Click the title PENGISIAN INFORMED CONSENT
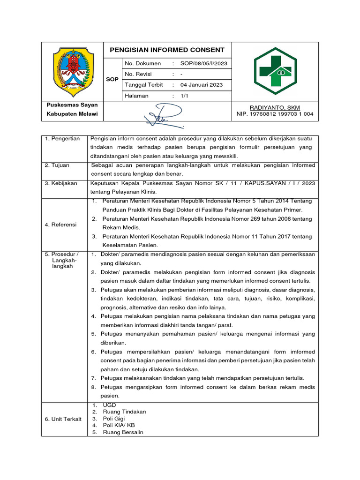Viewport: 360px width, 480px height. click(x=167, y=50)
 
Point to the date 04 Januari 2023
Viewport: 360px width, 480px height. click(x=202, y=85)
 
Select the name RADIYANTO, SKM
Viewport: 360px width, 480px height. click(x=275, y=108)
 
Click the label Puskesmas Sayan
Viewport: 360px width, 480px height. click(x=72, y=105)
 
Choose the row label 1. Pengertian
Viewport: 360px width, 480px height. click(x=62, y=139)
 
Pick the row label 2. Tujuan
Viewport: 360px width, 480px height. click(x=57, y=165)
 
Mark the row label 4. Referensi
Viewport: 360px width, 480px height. click(x=60, y=225)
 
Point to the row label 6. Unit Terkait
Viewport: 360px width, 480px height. click(x=63, y=419)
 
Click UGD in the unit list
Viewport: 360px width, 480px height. click(x=109, y=405)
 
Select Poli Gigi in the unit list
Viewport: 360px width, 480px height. click(x=114, y=419)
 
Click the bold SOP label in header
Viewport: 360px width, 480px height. click(x=112, y=79)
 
